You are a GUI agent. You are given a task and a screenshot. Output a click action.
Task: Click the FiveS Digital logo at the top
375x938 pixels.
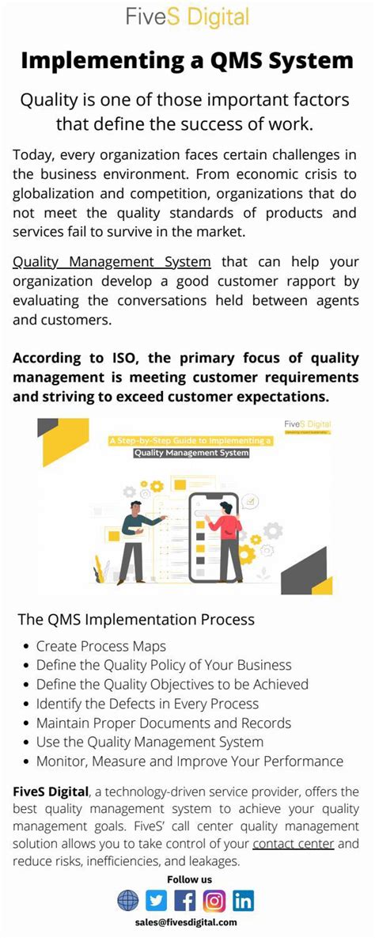187,17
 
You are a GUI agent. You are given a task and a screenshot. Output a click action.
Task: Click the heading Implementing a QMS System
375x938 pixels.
187,60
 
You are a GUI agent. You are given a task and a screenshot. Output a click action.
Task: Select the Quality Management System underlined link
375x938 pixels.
112,262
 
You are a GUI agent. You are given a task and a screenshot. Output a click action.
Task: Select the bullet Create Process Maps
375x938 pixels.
101,647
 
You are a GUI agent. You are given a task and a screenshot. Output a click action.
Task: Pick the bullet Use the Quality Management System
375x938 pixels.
150,742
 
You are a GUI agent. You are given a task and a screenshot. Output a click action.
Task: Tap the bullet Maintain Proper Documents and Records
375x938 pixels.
164,723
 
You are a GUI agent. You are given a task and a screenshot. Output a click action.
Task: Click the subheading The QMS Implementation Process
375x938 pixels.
136,619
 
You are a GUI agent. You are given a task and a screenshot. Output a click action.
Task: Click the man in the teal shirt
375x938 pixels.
133,538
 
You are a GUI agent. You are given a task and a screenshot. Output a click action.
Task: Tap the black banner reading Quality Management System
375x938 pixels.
191,454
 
